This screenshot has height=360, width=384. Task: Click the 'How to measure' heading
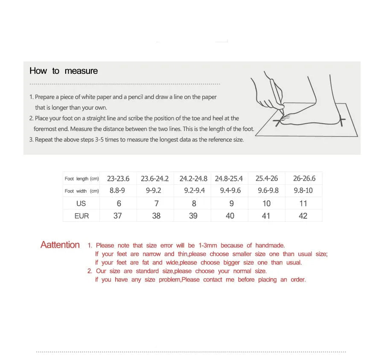(x=64, y=71)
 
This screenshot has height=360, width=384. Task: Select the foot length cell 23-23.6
(x=118, y=179)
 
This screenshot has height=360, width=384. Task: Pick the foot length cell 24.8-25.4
(x=229, y=179)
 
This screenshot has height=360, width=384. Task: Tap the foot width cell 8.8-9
(x=117, y=191)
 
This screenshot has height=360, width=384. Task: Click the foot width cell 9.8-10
(x=303, y=191)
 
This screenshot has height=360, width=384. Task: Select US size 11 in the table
(x=303, y=203)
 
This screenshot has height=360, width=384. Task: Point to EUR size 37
(x=118, y=216)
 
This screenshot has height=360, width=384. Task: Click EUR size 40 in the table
(x=230, y=216)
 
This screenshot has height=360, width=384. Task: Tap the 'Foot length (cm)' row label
(x=81, y=179)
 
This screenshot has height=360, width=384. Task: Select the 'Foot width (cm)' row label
(x=81, y=191)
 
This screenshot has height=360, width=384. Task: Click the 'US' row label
(x=81, y=203)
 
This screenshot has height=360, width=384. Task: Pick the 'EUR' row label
(x=81, y=216)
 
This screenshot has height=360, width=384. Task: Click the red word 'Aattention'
(x=60, y=245)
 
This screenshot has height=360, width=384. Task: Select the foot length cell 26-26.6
(x=304, y=179)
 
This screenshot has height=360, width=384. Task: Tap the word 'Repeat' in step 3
(x=44, y=140)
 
